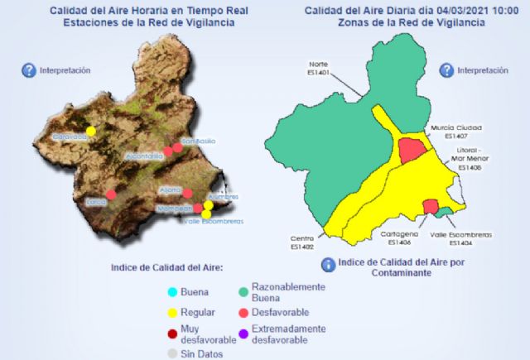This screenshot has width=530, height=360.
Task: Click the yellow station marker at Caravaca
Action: pos(91,131)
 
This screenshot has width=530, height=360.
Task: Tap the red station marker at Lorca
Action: pos(111,194)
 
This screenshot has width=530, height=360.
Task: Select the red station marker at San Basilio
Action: pos(176,147)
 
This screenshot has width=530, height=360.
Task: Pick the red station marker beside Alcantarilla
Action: pos(167,151)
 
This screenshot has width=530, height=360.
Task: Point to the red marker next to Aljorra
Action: pos(187,194)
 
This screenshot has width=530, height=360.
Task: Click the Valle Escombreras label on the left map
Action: pos(214,221)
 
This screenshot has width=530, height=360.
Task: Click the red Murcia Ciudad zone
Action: pos(411,150)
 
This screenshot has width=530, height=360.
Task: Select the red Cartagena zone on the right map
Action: pos(430,205)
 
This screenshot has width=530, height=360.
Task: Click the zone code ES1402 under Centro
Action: pos(301,247)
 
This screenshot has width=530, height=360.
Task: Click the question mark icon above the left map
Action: pos(29,71)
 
